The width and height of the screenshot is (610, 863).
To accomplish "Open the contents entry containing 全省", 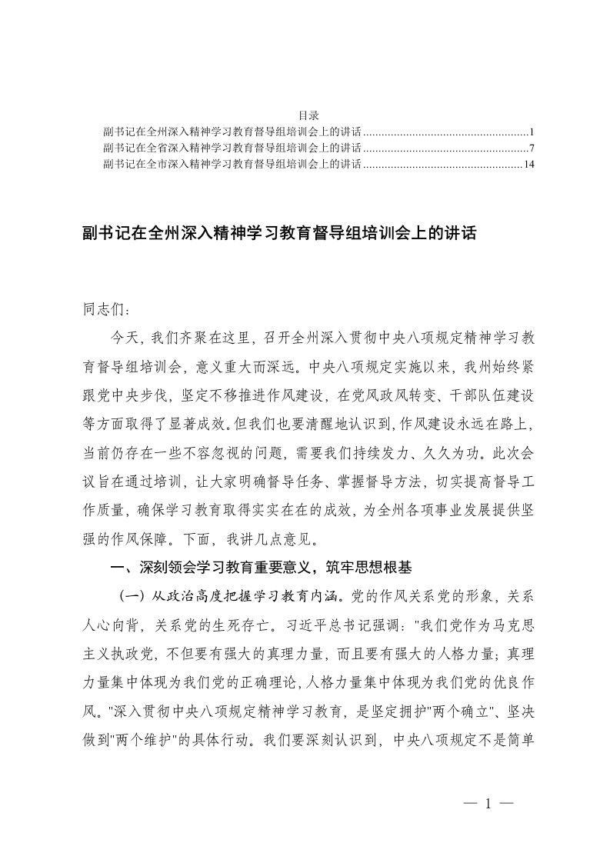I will [232, 148].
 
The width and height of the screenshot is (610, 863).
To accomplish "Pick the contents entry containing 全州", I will [232, 131].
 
